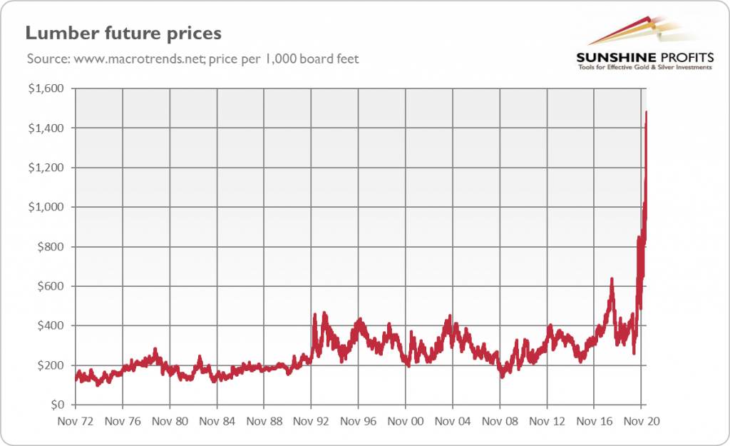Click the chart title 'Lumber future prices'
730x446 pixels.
click(123, 34)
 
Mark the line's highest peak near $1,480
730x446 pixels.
click(647, 112)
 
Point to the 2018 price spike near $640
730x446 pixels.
click(612, 279)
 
